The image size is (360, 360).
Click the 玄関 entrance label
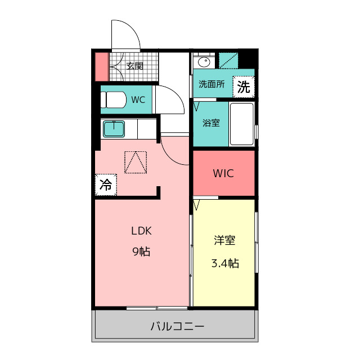click(135, 66)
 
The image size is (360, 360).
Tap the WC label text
click(138, 100)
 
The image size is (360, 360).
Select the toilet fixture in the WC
click(114, 100)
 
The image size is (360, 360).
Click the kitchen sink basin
click(114, 129)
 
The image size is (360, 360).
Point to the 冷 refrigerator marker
click(106, 185)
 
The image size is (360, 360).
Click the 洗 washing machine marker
click(244, 87)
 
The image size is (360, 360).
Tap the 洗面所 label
click(211, 84)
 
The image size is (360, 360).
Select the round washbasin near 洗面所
click(204, 62)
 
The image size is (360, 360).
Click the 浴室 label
click(211, 123)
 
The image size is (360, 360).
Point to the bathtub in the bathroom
click(241, 124)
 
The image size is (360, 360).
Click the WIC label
click(223, 173)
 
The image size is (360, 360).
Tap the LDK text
click(141, 231)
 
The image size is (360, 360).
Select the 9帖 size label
click(141, 251)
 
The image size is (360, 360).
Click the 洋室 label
click(224, 240)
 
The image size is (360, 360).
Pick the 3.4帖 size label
click(225, 263)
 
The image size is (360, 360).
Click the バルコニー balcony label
click(177, 326)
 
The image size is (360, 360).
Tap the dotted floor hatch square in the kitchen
click(136, 163)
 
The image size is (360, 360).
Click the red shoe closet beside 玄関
click(101, 67)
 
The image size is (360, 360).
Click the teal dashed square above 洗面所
click(228, 61)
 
